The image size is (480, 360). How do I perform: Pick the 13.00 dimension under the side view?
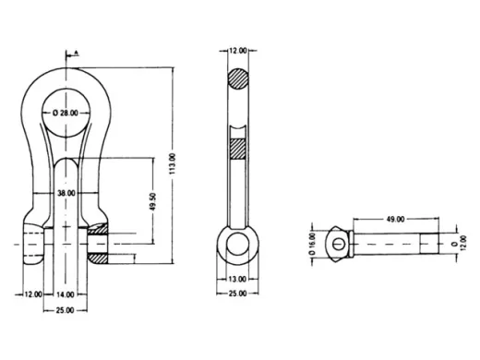pos(238,279)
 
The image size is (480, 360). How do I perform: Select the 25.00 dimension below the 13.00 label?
pos(238,294)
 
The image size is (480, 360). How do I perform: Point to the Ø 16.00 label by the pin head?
pos(313,244)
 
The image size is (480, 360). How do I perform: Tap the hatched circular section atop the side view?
pos(238,79)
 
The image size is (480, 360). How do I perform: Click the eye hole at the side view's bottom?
pos(238,245)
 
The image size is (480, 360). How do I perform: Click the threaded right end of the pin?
pos(432,245)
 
